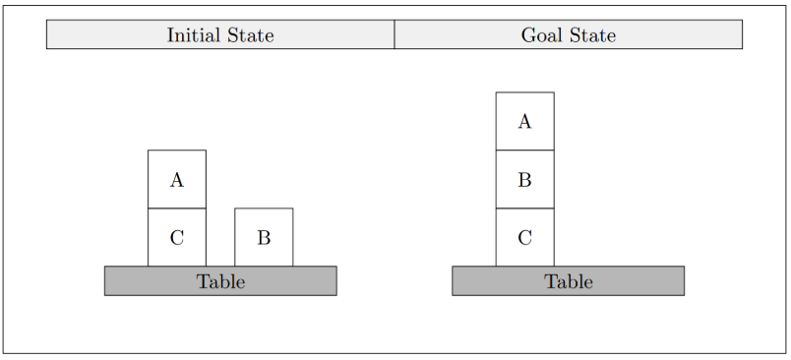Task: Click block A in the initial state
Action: point(176,179)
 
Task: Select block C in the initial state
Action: point(176,237)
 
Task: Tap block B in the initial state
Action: point(264,237)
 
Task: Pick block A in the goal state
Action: point(524,121)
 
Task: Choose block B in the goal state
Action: point(524,179)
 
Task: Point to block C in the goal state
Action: point(524,237)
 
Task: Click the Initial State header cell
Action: point(220,34)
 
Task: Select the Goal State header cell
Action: point(568,34)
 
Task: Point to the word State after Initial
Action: point(251,35)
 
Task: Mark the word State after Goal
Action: point(592,35)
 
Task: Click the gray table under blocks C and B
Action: point(220,281)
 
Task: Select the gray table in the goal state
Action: point(568,281)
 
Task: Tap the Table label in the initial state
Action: point(220,281)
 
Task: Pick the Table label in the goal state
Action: point(568,281)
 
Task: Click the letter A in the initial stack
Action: point(176,180)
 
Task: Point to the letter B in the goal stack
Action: point(524,180)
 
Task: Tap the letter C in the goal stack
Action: point(524,238)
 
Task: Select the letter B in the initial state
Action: point(264,238)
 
